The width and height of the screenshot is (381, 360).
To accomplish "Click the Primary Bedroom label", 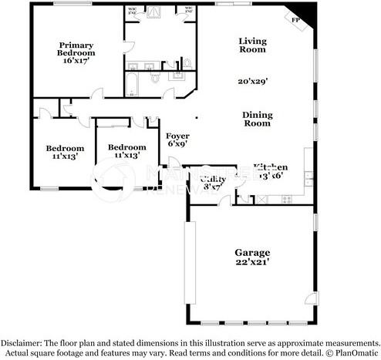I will pos(76,49).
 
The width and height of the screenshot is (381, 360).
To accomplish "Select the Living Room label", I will pos(252,45).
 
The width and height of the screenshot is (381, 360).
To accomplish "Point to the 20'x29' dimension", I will pos(252,80).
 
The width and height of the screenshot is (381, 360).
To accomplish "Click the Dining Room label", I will pos(258,119).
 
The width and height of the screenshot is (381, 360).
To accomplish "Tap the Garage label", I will pos(252,252).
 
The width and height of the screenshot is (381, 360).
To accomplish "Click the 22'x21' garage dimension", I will pos(252,262).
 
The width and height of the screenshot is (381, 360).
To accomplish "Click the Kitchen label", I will pos(271,167).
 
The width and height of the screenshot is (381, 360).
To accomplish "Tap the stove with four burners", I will pos(288,200).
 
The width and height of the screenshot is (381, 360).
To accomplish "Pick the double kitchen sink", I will pos(308,179).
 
